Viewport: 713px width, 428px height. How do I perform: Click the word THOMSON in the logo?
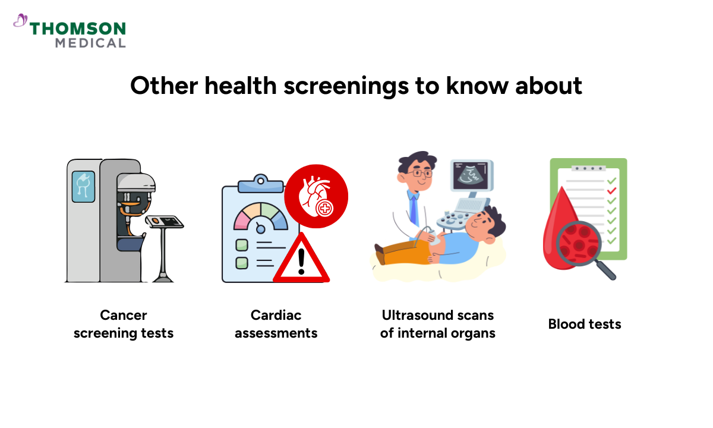77,29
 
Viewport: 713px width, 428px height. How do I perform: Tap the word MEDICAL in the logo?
90,43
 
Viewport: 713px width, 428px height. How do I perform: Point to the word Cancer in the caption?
124,315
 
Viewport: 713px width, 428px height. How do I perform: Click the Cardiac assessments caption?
276,324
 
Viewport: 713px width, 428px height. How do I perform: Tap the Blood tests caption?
585,324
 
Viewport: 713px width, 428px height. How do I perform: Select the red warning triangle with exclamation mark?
301,260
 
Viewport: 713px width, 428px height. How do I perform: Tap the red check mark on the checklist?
612,190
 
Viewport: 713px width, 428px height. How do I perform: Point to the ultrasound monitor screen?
472,174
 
